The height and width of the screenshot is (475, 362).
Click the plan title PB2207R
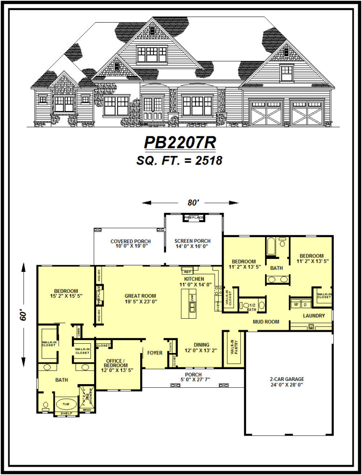(x=180, y=142)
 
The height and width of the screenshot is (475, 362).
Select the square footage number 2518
(x=209, y=160)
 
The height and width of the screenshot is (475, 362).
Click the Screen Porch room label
(x=193, y=241)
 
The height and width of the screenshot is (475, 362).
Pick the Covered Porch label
(x=130, y=241)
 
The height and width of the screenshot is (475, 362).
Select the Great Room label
(x=140, y=295)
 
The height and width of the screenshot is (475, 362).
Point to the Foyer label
(x=155, y=353)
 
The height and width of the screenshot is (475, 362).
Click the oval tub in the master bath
(x=66, y=404)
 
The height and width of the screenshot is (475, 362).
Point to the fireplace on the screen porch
(x=194, y=218)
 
